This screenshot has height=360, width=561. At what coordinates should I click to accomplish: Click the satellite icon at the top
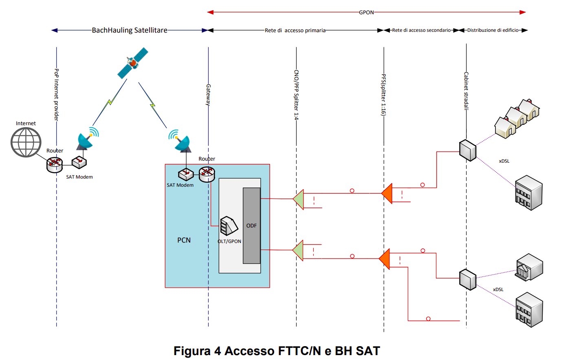132,63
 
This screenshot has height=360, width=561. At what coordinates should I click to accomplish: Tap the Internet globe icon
26,142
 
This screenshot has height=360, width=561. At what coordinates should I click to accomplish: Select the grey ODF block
251,225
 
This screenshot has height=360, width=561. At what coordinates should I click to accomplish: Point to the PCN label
184,240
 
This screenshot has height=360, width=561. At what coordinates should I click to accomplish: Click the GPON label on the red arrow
366,13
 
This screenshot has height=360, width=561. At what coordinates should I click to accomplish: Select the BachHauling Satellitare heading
130,30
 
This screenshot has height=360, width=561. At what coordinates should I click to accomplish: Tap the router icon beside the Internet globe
54,164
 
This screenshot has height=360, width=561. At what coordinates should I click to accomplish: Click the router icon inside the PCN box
207,174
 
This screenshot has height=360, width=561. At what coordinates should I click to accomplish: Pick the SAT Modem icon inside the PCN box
186,174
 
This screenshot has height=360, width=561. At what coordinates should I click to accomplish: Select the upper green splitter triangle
299,199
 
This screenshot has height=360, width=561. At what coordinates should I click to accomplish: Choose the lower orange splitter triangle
385,259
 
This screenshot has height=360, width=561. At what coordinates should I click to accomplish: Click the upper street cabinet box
467,150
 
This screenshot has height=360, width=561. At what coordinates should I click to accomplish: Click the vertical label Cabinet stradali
466,91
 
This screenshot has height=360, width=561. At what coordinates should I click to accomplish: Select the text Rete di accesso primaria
295,31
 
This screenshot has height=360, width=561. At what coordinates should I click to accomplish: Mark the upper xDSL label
504,161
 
